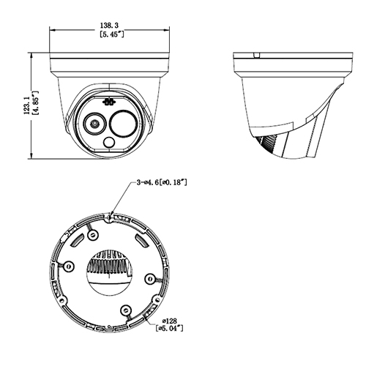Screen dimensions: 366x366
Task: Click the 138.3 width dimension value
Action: (x=110, y=24)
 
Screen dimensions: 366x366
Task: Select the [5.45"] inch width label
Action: (x=110, y=34)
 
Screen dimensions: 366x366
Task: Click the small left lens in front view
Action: (x=94, y=124)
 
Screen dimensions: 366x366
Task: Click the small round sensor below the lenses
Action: (x=109, y=144)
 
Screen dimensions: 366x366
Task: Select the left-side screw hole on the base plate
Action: (x=67, y=266)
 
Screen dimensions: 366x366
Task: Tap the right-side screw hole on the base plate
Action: (x=149, y=278)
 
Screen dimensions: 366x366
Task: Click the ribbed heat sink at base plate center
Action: (x=110, y=265)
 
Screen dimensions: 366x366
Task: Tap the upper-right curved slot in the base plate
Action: (x=141, y=239)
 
